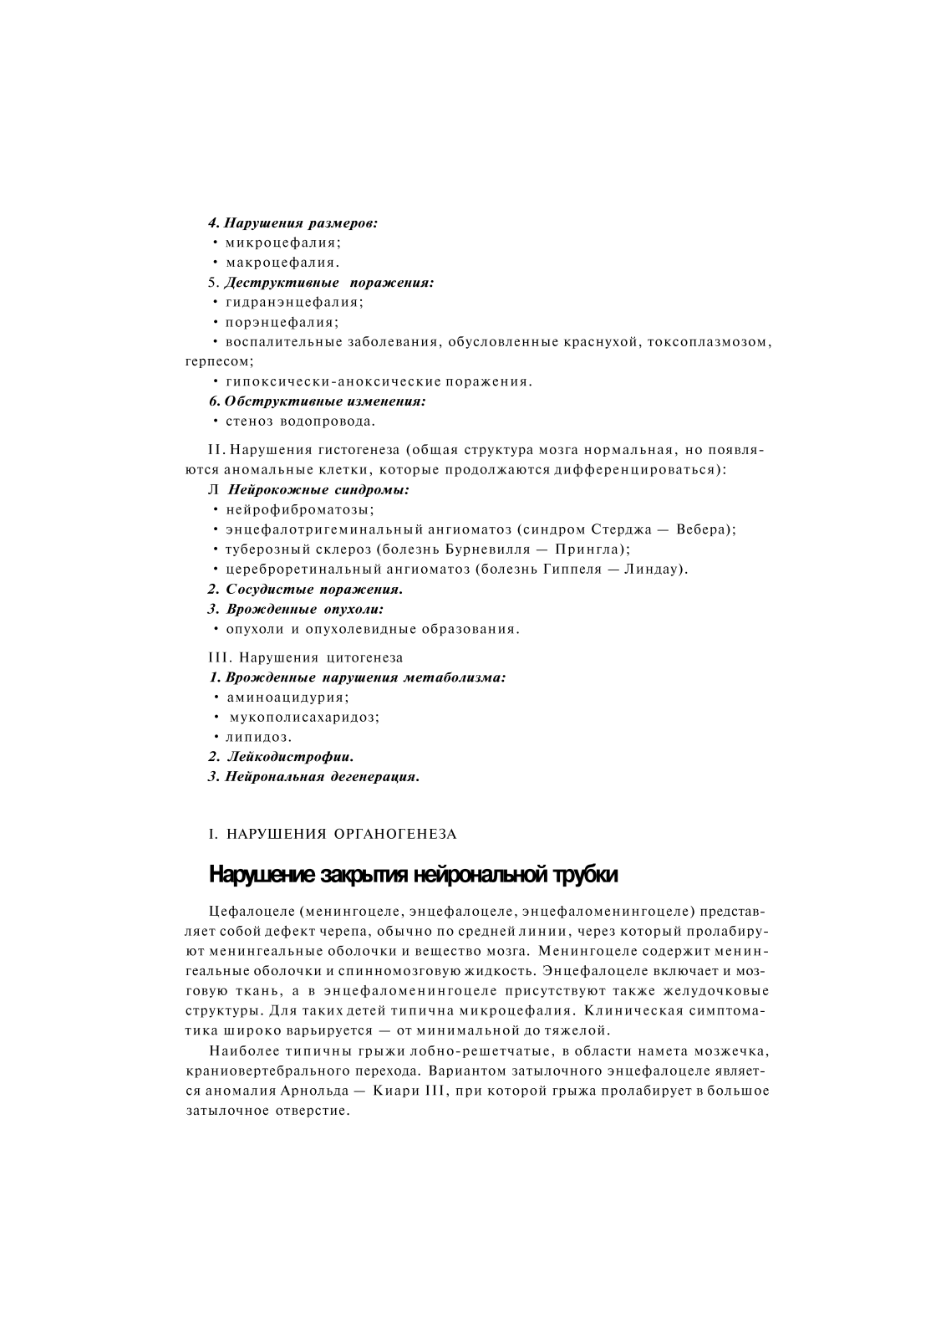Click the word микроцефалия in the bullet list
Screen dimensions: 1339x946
tap(282, 243)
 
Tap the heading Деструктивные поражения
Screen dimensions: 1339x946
tap(329, 283)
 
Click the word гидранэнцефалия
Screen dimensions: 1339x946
tap(294, 302)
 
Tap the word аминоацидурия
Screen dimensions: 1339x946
tap(287, 697)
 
